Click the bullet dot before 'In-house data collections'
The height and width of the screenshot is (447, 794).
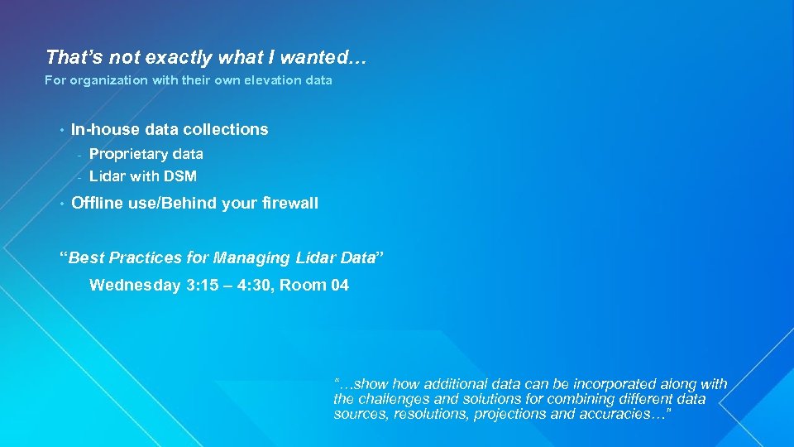(x=60, y=129)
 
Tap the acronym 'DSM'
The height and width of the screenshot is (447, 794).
(x=180, y=176)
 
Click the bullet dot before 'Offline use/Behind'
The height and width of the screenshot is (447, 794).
(x=60, y=204)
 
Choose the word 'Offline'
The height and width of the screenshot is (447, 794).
(x=97, y=204)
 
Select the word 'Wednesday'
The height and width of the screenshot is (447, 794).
(x=135, y=286)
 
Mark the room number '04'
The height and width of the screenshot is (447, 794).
(x=339, y=286)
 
